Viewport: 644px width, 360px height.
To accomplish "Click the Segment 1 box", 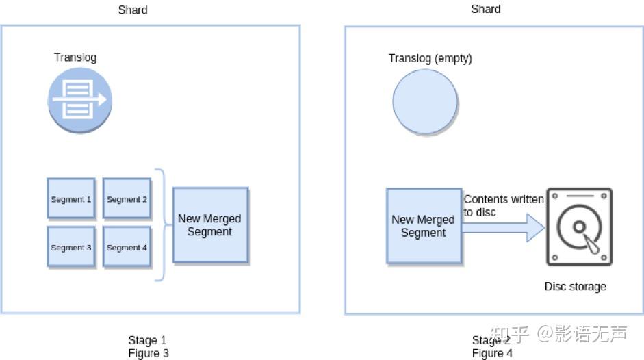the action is tap(71, 198).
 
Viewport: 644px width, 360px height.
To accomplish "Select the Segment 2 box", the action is tap(127, 198).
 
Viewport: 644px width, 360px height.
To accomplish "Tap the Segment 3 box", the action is tap(71, 247).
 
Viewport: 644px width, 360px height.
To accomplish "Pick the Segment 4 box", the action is tap(127, 247).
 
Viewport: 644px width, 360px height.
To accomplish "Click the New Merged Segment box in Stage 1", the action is tap(210, 225).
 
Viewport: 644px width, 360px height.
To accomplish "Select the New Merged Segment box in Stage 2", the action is tap(424, 226).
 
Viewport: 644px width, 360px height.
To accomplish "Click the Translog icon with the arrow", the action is tap(79, 101).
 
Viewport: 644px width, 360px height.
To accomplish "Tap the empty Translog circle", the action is tap(425, 102).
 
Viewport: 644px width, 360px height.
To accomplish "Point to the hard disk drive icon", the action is tap(579, 227).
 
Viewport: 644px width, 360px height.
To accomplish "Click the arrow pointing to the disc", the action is tap(503, 228).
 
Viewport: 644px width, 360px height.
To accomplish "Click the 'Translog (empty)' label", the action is tap(430, 58).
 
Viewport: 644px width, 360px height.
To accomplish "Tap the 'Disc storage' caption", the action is tap(575, 287).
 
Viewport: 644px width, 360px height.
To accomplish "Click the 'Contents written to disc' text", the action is tap(504, 205).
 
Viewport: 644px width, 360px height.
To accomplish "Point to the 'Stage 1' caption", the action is tap(147, 340).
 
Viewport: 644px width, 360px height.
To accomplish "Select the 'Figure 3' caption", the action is tap(149, 353).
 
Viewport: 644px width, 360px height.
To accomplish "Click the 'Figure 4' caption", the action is tap(492, 353).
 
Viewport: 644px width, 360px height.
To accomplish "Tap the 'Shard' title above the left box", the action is tap(133, 10).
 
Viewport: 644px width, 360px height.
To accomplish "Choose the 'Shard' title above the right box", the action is tap(486, 9).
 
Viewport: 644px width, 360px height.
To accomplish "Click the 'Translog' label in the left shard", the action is tap(75, 57).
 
